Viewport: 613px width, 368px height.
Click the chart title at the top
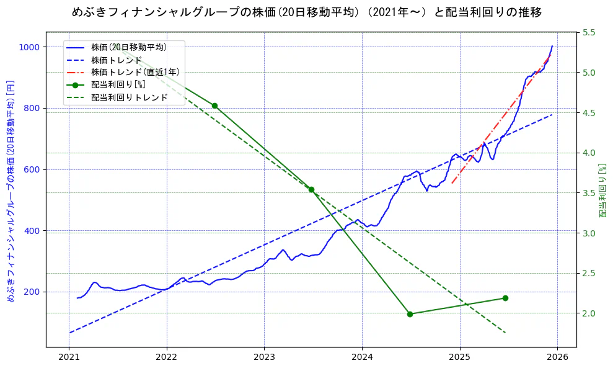click(x=307, y=12)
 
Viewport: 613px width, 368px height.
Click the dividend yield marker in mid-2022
click(x=214, y=105)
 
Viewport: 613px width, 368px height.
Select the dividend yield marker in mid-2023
click(x=311, y=189)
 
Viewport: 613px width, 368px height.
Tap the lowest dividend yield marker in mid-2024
click(x=410, y=314)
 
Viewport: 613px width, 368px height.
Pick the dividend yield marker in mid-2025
click(x=505, y=298)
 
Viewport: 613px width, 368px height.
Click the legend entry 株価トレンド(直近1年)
click(x=135, y=72)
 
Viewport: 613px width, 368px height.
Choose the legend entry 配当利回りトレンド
click(x=129, y=97)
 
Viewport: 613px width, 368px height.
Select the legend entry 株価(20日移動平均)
click(x=128, y=47)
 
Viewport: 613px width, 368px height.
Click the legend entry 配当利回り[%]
click(x=118, y=85)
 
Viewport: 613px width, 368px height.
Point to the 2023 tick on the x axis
click(x=264, y=357)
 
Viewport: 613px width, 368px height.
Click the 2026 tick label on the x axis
click(x=557, y=357)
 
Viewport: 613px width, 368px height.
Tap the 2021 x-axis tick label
click(x=69, y=357)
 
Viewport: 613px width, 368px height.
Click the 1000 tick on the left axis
click(x=29, y=47)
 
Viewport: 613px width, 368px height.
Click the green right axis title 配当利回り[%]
click(x=602, y=190)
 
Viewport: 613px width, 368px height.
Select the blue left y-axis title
click(x=11, y=191)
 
